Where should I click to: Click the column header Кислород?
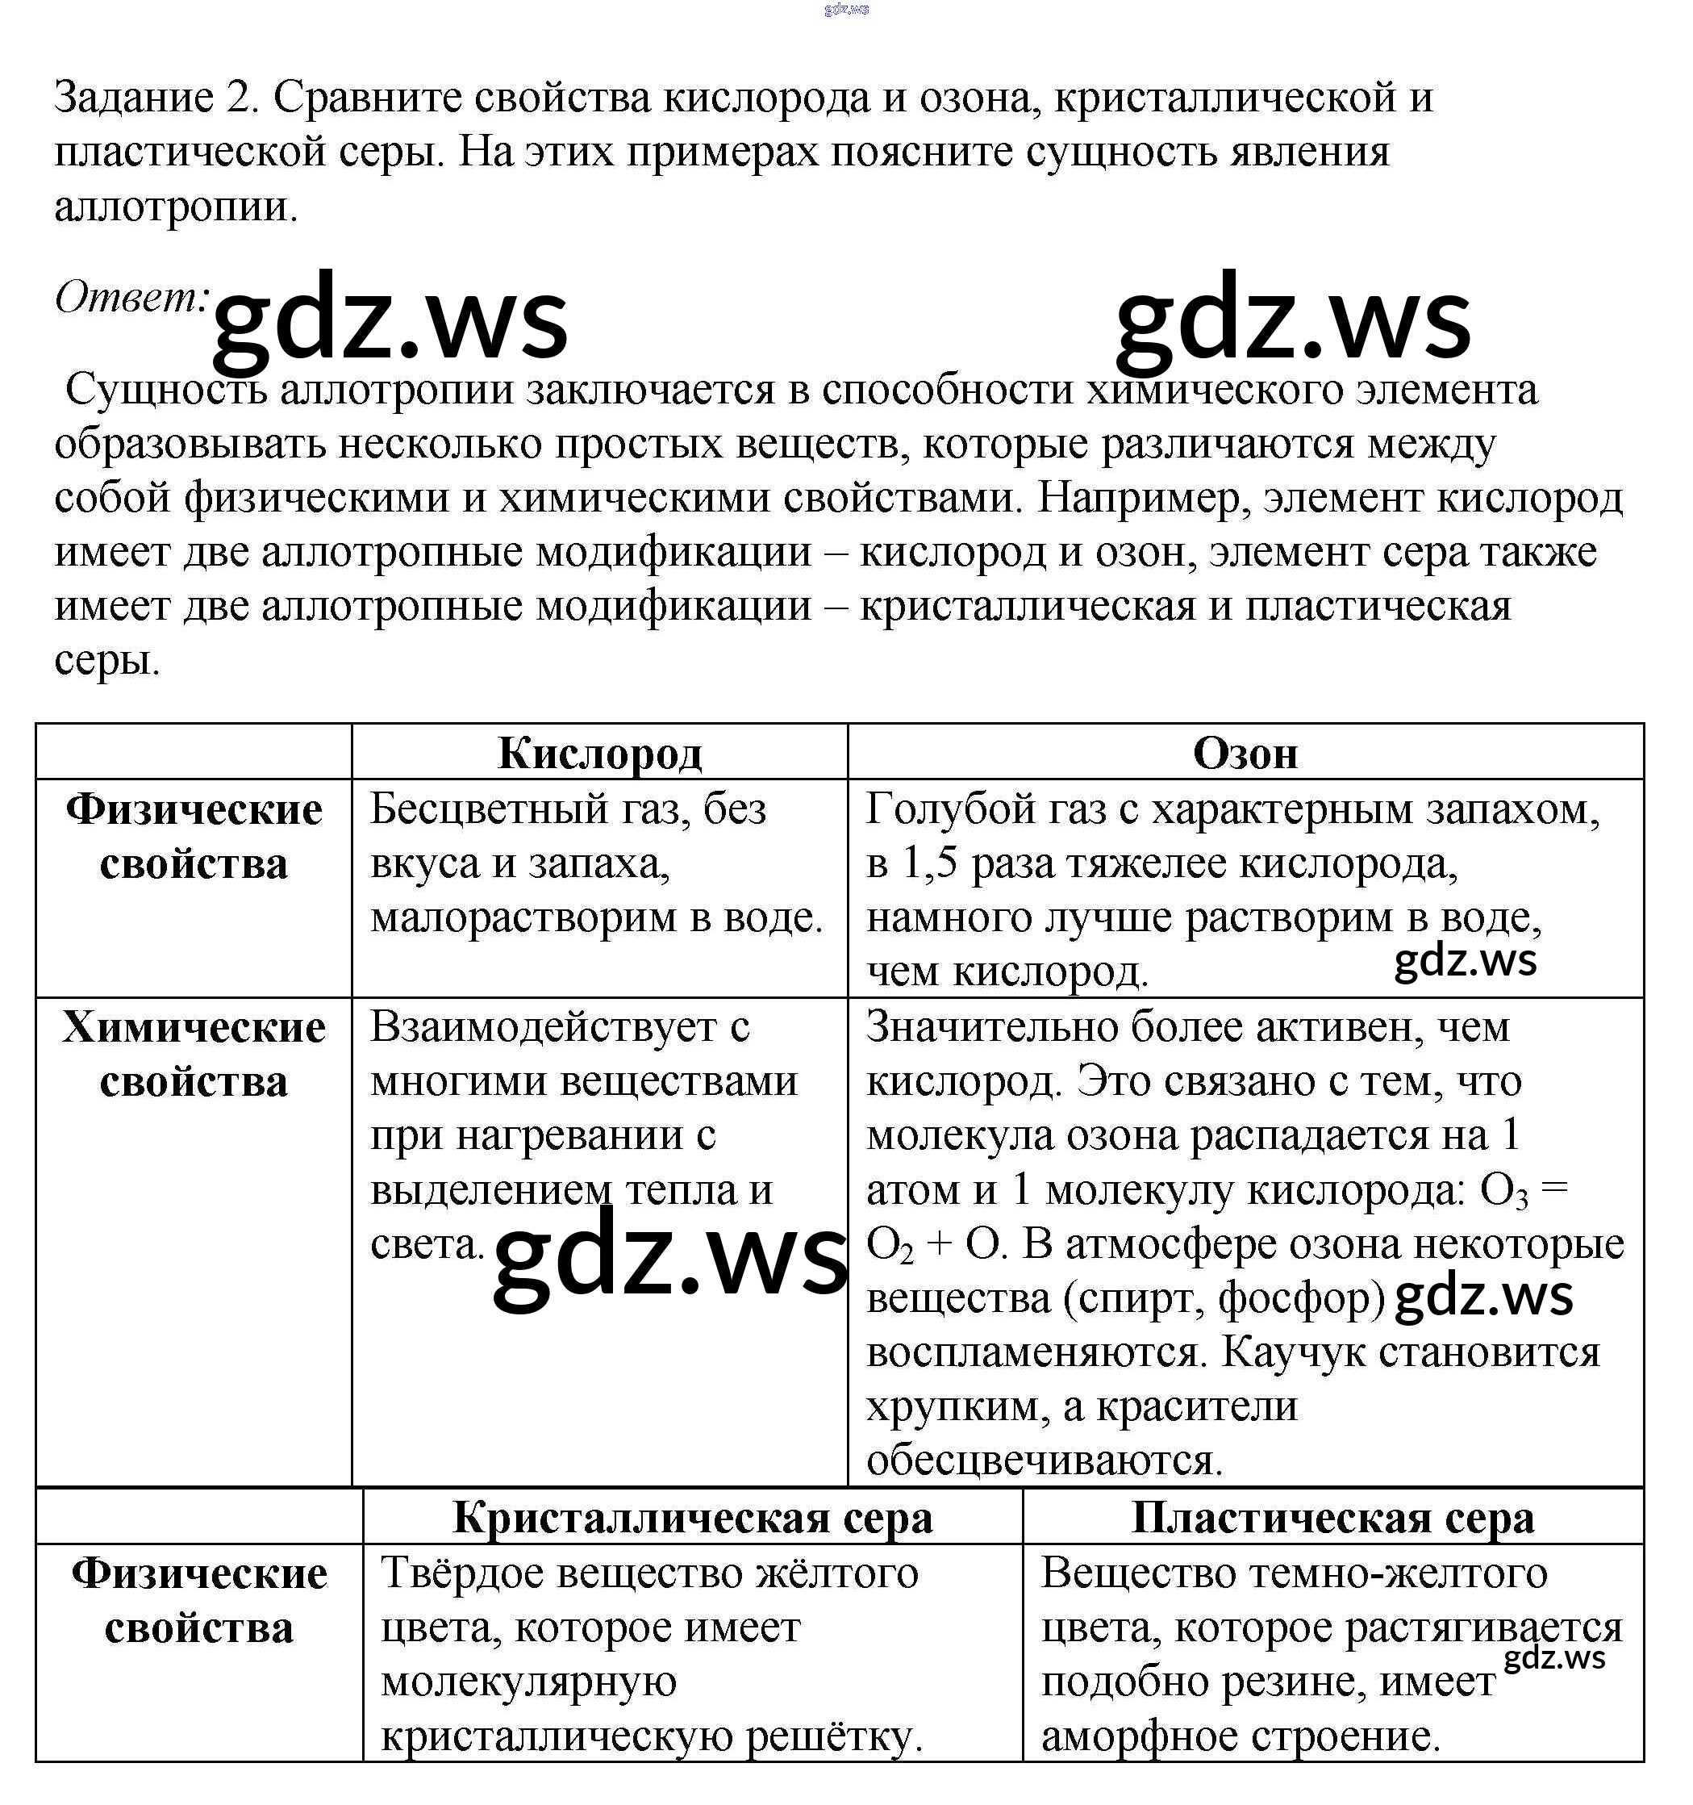(x=599, y=754)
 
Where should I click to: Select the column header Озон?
(x=1245, y=754)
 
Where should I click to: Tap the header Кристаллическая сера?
(x=692, y=1517)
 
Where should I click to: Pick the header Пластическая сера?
(x=1332, y=1517)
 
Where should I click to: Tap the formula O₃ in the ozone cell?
(x=1503, y=1190)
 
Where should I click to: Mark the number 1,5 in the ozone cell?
(x=929, y=863)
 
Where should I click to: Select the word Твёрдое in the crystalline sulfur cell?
(x=461, y=1573)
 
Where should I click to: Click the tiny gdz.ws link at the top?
(x=846, y=9)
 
